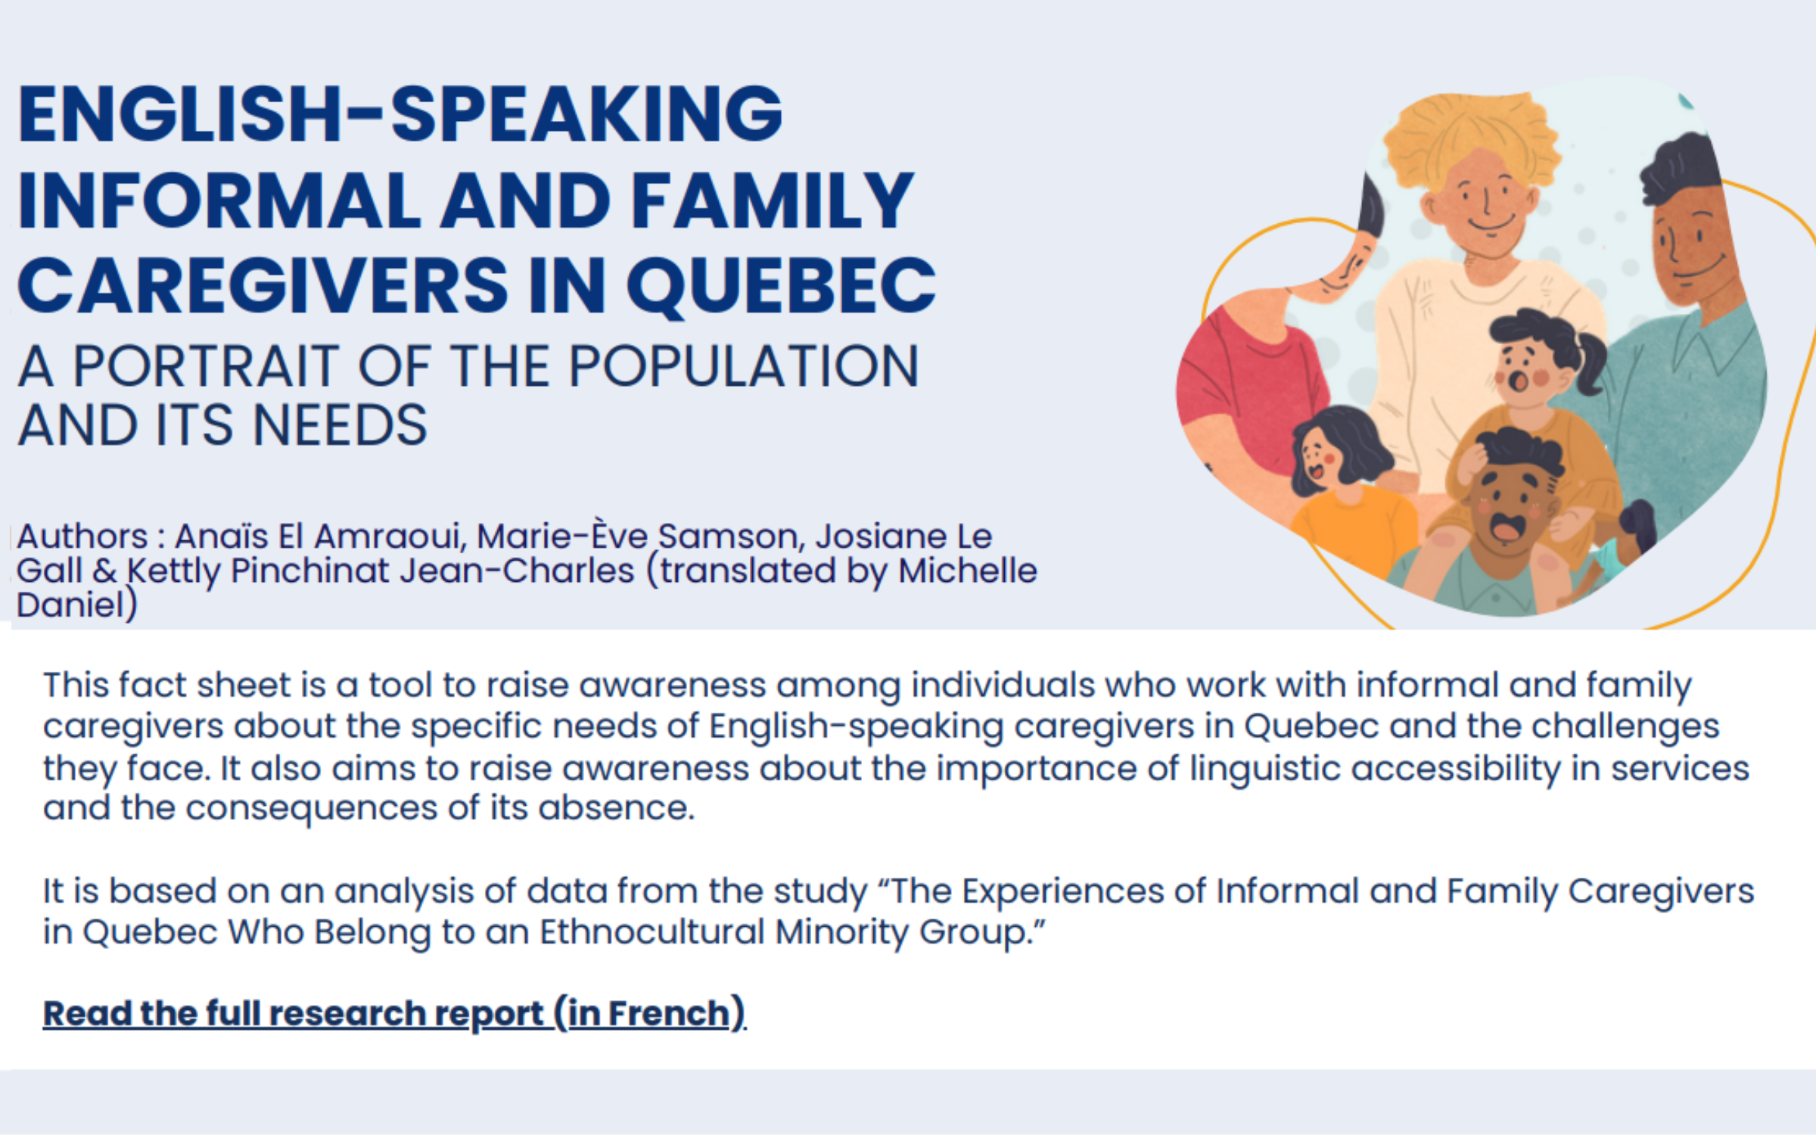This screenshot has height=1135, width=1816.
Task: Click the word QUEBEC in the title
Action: click(782, 286)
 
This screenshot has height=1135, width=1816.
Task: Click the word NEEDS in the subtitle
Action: click(340, 425)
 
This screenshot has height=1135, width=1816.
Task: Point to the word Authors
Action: click(82, 536)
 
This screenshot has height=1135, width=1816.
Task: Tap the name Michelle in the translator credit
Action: click(968, 571)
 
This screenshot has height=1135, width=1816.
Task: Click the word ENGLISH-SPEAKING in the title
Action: click(400, 114)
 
